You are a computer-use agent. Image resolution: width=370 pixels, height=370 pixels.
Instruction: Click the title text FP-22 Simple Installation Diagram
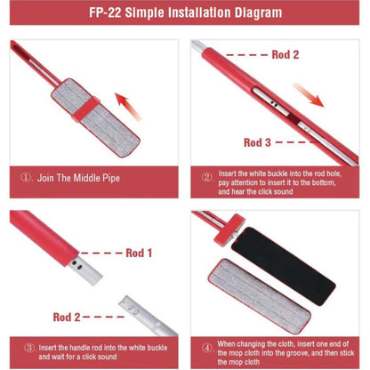186,12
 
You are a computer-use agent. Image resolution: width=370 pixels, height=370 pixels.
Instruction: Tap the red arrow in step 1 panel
128,106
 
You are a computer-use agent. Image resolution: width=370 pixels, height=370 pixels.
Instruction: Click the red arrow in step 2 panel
309,95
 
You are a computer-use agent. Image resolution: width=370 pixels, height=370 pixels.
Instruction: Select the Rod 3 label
257,142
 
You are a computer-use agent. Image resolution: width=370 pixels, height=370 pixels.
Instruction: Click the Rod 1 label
139,253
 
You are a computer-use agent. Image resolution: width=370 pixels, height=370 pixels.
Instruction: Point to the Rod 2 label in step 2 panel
286,54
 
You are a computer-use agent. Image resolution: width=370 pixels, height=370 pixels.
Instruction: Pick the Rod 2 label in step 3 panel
67,318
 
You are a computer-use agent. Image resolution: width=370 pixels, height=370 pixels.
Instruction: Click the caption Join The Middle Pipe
78,178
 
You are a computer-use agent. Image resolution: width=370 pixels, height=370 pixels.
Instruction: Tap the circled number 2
207,177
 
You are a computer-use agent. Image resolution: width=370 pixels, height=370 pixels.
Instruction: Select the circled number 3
29,348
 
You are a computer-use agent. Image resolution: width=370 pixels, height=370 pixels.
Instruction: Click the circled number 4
207,348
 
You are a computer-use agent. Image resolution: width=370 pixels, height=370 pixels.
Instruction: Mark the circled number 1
27,177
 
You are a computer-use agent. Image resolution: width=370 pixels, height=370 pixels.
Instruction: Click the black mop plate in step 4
283,265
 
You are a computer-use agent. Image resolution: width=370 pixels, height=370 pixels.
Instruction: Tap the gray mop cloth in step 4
260,296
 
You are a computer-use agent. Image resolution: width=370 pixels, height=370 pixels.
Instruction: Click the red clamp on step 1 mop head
85,109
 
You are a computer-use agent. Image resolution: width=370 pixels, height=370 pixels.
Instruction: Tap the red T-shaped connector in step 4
229,229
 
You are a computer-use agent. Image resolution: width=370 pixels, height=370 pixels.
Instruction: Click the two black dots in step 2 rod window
274,103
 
